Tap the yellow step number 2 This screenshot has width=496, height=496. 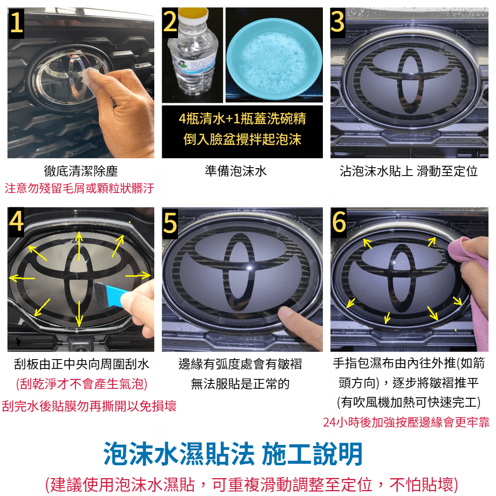pyautogui.click(x=170, y=21)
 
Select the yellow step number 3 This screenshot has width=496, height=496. pyautogui.click(x=338, y=21)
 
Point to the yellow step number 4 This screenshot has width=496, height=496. pyautogui.click(x=16, y=221)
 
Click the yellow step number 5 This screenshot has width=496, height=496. pyautogui.click(x=170, y=222)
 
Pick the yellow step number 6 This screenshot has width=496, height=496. pyautogui.click(x=339, y=222)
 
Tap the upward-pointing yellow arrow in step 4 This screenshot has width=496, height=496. pyautogui.click(x=79, y=246)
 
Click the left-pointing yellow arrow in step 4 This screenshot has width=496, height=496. pyautogui.click(x=22, y=278)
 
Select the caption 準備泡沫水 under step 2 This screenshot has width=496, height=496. pyautogui.click(x=236, y=171)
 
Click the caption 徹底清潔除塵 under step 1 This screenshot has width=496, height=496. pyautogui.click(x=81, y=171)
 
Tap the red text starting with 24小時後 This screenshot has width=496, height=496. pyautogui.click(x=406, y=422)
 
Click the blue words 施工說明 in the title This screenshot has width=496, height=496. pyautogui.click(x=312, y=454)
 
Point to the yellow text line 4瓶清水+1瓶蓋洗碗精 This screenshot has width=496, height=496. pyautogui.click(x=243, y=119)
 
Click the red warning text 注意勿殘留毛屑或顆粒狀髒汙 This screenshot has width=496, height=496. pyautogui.click(x=79, y=188)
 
